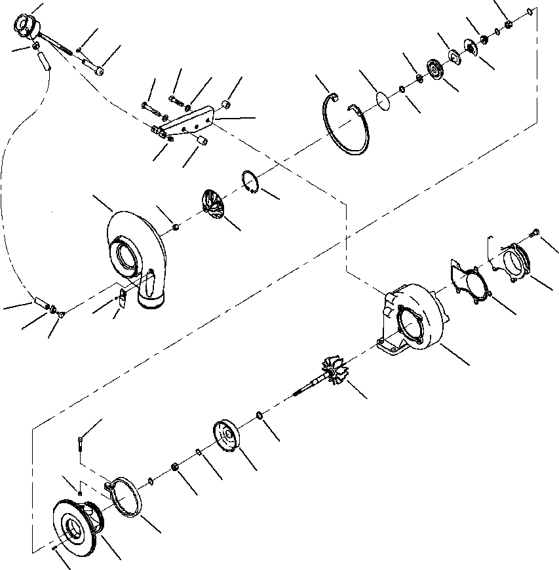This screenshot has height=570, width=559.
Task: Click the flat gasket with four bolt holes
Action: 468,282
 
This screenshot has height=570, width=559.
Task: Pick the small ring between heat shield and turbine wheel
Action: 260,415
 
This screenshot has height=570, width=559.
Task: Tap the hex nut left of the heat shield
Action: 176,466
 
